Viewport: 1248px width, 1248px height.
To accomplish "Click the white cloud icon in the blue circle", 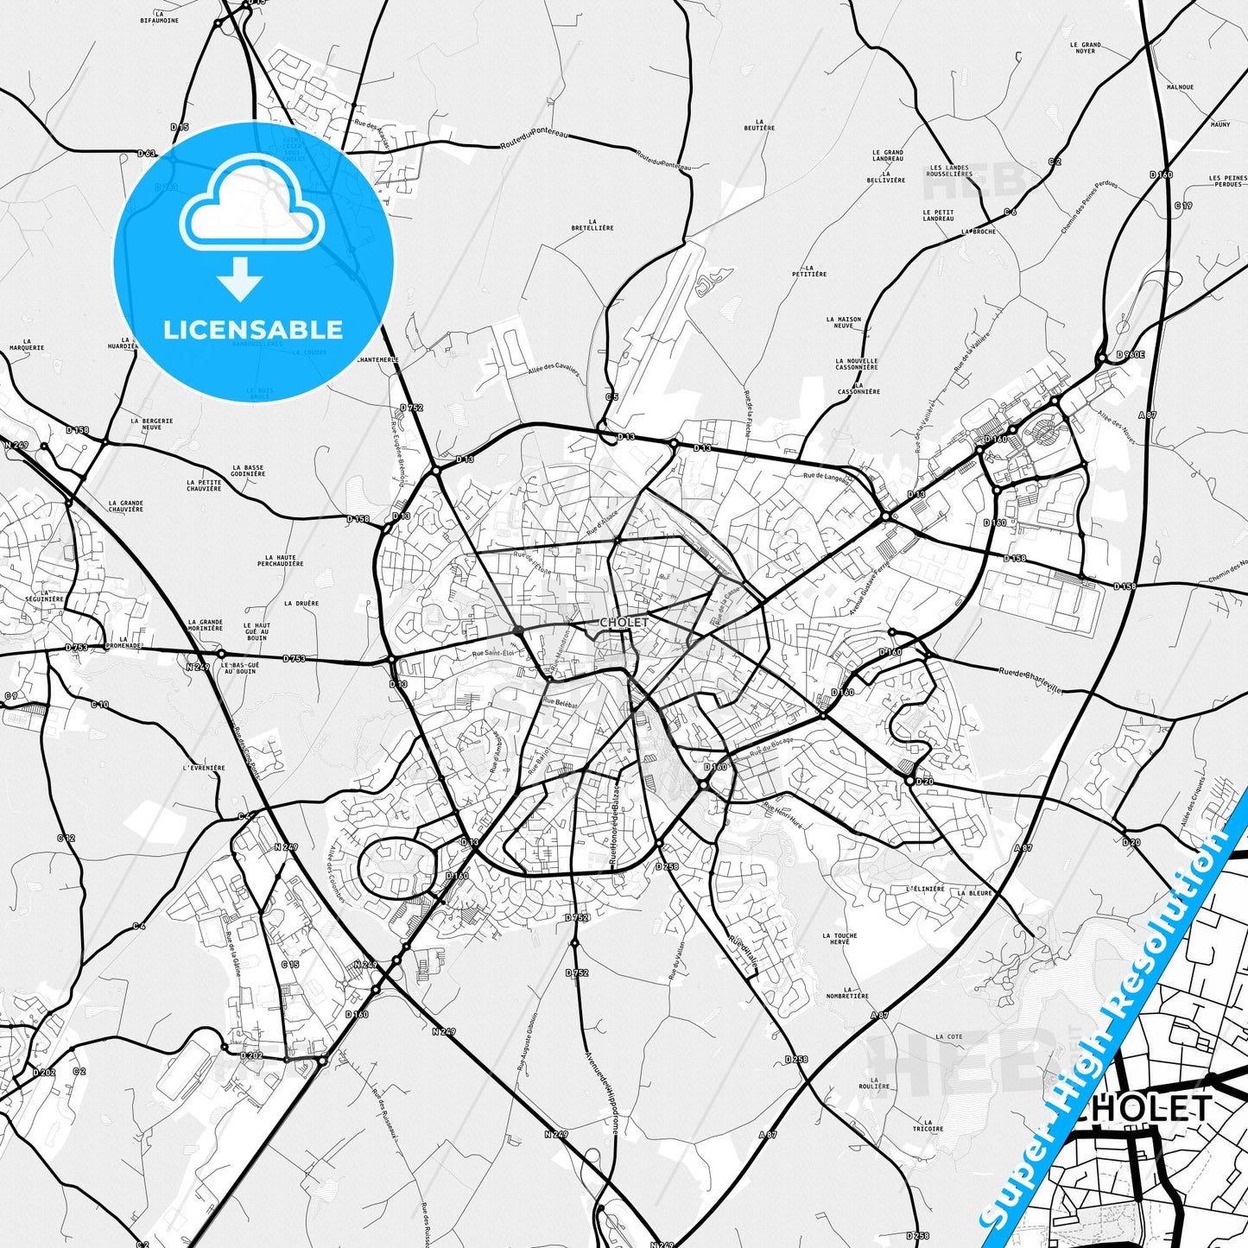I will click(x=252, y=208).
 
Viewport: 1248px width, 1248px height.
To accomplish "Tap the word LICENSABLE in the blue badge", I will click(x=253, y=329).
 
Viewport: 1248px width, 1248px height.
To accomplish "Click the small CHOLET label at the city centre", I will click(x=624, y=622).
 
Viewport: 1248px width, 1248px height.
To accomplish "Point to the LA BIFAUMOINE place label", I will click(x=159, y=17).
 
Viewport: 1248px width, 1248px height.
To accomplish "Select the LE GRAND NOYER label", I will click(x=1086, y=48).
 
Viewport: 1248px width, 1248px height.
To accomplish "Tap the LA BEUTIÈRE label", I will click(x=759, y=124).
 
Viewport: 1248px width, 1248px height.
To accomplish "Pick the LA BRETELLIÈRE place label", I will click(x=592, y=225).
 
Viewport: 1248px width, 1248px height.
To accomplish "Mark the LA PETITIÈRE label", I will click(x=809, y=271).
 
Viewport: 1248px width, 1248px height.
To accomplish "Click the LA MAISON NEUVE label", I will click(x=843, y=322).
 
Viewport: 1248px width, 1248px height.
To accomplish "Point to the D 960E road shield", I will click(x=1130, y=354).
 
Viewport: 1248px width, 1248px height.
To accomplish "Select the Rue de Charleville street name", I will click(x=1029, y=680).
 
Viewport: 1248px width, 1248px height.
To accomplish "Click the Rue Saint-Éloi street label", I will click(x=492, y=654).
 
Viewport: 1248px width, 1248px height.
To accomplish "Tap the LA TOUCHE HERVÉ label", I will click(x=839, y=938).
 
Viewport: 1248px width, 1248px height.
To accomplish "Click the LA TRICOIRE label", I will click(x=928, y=1125).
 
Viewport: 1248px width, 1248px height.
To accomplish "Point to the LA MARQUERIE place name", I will click(x=27, y=345).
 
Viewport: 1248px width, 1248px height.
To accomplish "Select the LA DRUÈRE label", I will click(x=301, y=604).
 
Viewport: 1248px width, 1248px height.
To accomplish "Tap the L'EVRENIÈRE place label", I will click(x=204, y=767).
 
